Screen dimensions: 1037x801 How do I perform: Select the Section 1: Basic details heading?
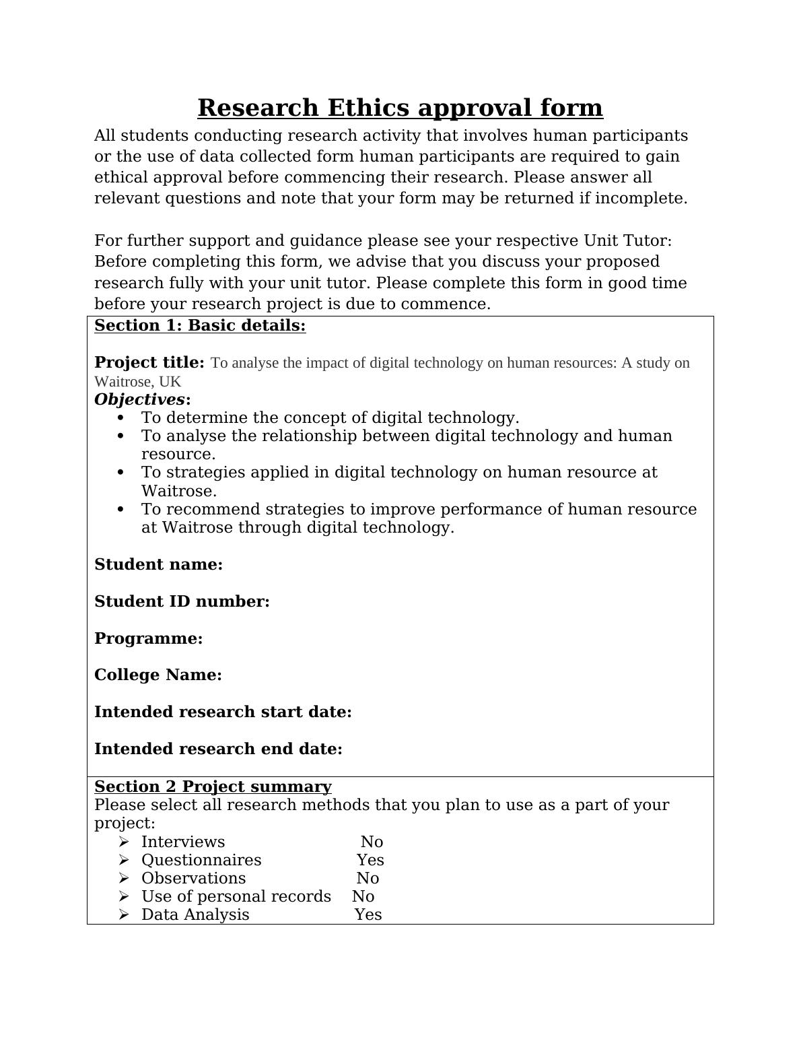(200, 326)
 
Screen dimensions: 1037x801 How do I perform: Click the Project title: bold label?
(149, 363)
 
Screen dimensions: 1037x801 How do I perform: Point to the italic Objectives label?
(139, 399)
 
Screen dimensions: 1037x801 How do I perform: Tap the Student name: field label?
(158, 565)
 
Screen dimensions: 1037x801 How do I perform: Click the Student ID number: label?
(182, 602)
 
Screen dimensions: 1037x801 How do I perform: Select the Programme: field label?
(148, 639)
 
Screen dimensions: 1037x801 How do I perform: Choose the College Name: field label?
(158, 675)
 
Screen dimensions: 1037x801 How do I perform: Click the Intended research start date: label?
(223, 712)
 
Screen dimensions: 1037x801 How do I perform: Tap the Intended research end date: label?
(218, 749)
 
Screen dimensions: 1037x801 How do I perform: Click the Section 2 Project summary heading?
(213, 787)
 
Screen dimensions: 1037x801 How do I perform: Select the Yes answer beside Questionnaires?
(370, 861)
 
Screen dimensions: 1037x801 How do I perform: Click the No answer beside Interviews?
(372, 842)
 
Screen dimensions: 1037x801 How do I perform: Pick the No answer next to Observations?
(368, 879)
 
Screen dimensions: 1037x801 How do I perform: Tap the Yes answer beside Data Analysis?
(368, 915)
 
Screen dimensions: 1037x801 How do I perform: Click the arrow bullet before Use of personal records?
(123, 897)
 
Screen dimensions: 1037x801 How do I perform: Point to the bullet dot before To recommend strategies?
(121, 510)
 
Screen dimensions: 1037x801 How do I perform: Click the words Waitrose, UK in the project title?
(137, 382)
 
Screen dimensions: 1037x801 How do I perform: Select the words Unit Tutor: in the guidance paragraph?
(627, 241)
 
